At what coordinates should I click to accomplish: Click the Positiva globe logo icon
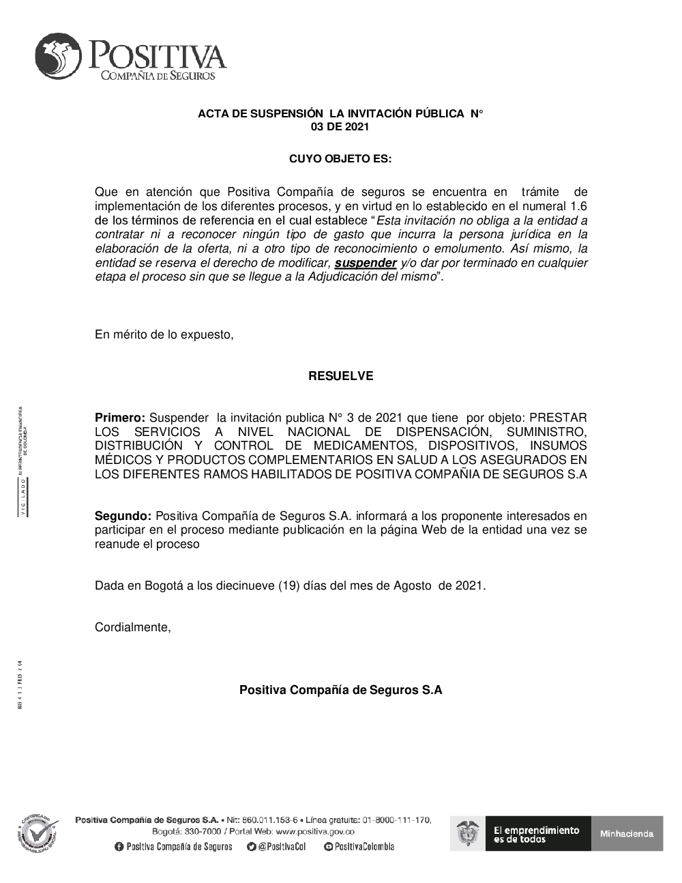(x=57, y=56)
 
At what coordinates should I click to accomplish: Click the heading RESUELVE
(x=340, y=376)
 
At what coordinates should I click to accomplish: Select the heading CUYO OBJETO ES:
(x=340, y=159)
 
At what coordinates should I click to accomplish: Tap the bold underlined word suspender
(x=366, y=263)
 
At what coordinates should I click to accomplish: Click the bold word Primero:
(x=120, y=418)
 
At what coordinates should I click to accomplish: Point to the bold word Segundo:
(x=123, y=516)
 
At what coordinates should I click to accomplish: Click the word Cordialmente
(x=132, y=627)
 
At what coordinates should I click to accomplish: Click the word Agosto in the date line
(x=412, y=585)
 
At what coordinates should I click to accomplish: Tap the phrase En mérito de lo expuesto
(x=164, y=334)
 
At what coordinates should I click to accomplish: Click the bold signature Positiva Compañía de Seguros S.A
(x=340, y=690)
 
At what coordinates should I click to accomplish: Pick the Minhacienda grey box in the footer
(x=627, y=833)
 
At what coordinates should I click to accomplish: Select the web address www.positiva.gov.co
(x=315, y=832)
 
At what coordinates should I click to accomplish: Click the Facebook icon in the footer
(x=119, y=847)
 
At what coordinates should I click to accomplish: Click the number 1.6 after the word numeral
(x=578, y=206)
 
